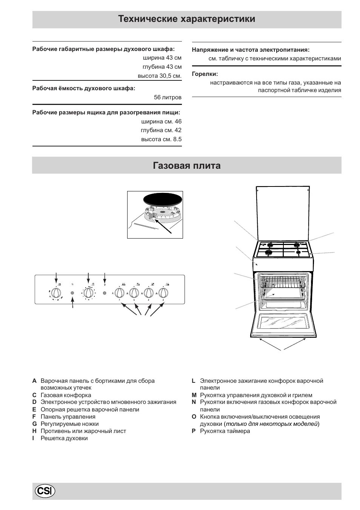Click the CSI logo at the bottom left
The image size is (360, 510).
point(45,491)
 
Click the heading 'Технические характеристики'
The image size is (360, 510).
point(186,19)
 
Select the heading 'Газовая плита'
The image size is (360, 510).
point(186,166)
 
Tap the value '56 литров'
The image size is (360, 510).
point(168,97)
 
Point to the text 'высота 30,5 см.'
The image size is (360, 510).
point(160,76)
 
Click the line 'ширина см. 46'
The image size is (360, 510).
point(161,122)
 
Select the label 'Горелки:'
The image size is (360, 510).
point(205,74)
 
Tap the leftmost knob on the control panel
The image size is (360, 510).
point(56,293)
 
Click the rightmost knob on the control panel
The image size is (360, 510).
point(163,293)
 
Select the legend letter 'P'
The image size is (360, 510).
point(194,431)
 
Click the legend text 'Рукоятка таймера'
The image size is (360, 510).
point(225,431)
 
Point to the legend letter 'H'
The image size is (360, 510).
point(34,431)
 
